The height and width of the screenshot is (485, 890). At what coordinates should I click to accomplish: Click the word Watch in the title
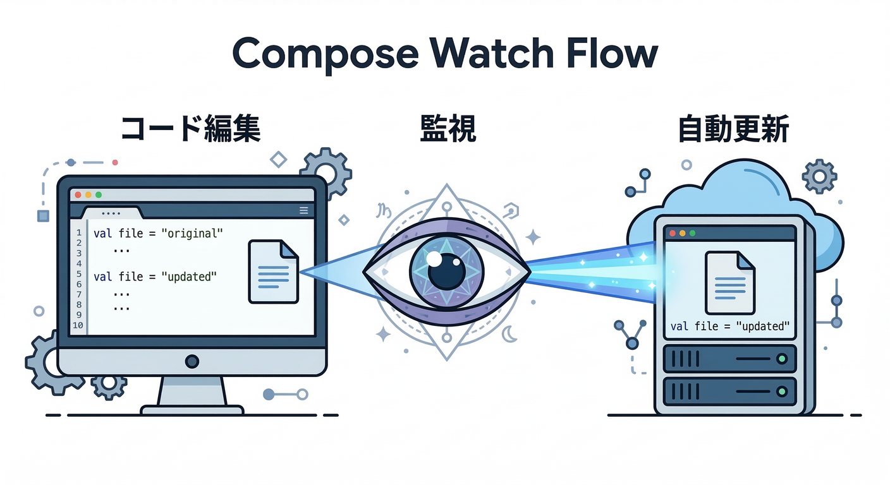[x=491, y=53]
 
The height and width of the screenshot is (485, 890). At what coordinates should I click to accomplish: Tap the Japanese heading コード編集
[x=190, y=131]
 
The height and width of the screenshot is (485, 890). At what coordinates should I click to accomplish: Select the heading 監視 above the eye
[x=448, y=131]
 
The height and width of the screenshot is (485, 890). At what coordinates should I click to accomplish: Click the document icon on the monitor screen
[x=273, y=272]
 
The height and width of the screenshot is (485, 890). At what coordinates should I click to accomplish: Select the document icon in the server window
[x=730, y=282]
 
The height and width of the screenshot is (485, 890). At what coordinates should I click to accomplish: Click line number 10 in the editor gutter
[x=78, y=325]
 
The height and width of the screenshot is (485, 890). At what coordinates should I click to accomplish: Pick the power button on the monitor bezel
[x=192, y=361]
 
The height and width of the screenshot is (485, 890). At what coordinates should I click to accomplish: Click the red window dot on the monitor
[x=78, y=195]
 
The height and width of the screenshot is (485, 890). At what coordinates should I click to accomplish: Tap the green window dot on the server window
[x=692, y=233]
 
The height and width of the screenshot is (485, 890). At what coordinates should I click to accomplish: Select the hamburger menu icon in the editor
[x=303, y=211]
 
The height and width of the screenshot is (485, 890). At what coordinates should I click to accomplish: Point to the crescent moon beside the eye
[x=509, y=333]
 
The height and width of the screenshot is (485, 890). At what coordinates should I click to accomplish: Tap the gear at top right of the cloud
[x=819, y=176]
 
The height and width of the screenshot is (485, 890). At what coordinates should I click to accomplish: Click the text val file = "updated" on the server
[x=730, y=326]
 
